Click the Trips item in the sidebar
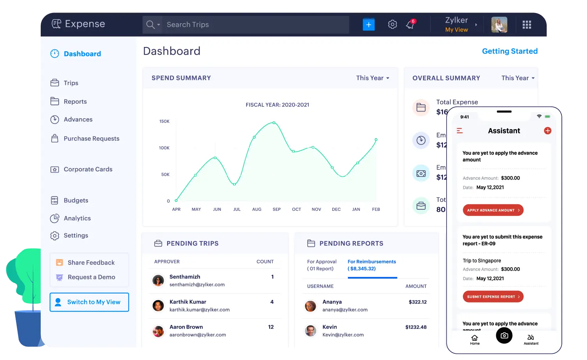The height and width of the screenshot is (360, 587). point(71,83)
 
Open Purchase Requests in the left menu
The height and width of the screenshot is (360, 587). point(91,139)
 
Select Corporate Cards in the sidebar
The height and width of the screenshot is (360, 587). point(88,169)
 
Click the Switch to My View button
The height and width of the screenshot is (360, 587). point(89,302)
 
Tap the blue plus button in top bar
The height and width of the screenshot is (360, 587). point(368,24)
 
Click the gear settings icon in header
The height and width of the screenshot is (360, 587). point(392,24)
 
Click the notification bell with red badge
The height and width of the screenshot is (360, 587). point(410,25)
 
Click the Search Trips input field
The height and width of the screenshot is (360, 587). point(254,25)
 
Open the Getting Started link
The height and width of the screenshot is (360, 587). point(510,51)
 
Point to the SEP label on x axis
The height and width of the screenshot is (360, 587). point(277,209)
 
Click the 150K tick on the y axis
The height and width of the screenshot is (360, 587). point(164,121)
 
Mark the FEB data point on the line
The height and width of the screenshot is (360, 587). point(376,139)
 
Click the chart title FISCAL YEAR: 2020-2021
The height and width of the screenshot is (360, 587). point(277,105)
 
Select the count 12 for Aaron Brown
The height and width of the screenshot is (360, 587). point(271,327)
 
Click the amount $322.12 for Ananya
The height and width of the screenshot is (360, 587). point(418,302)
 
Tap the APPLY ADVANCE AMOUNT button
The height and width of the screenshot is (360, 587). point(493,210)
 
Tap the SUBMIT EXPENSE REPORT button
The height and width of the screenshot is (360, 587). point(493,297)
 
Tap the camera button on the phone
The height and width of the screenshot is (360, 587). point(504,335)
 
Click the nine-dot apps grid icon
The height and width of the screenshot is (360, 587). point(527,25)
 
